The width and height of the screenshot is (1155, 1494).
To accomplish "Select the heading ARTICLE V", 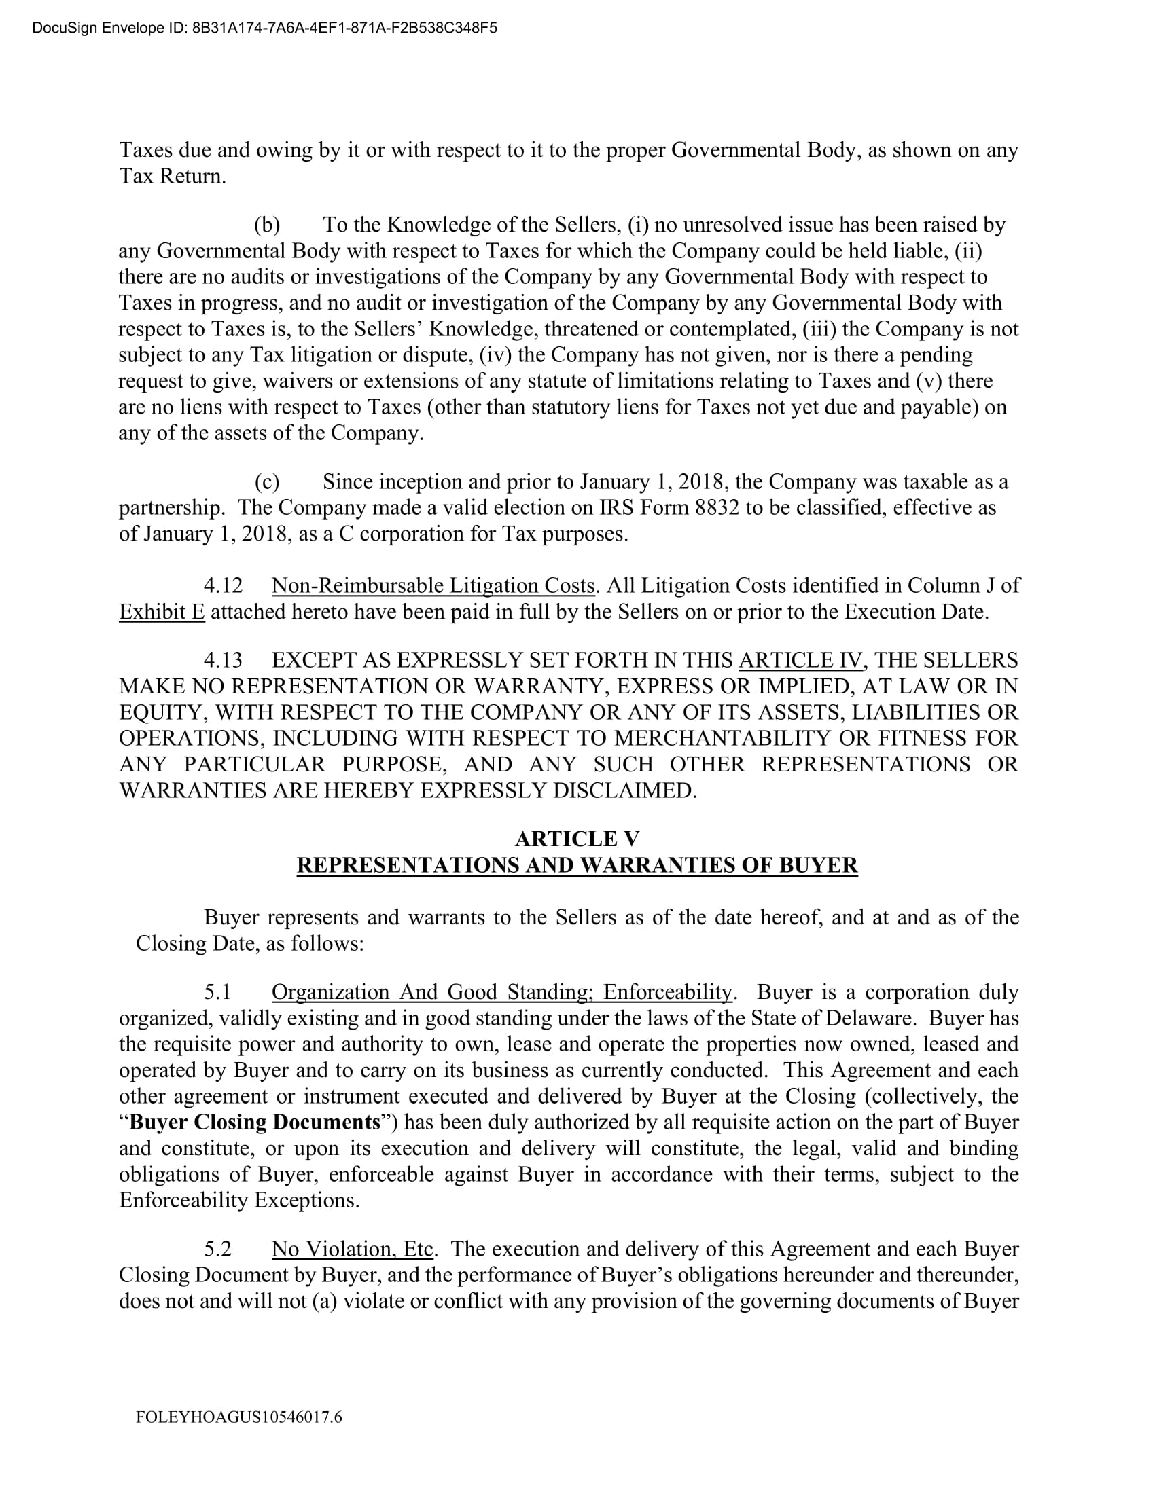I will [x=577, y=839].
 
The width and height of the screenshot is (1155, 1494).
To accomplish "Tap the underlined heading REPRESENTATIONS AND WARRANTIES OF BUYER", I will [x=577, y=865].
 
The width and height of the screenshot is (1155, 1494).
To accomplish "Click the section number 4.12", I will [x=223, y=585].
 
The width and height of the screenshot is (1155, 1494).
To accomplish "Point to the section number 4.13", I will [x=223, y=660].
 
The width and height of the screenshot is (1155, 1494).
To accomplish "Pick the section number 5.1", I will [x=217, y=992].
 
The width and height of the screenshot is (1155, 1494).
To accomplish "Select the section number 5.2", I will [x=217, y=1249].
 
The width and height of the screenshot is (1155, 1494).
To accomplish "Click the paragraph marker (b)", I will [x=267, y=225].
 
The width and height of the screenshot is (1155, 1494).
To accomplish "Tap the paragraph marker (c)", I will [x=267, y=482].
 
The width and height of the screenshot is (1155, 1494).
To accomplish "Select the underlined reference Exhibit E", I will [x=162, y=612].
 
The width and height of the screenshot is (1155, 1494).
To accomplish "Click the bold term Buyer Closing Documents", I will [x=255, y=1122].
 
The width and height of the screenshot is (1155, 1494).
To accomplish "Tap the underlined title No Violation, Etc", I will [x=353, y=1249].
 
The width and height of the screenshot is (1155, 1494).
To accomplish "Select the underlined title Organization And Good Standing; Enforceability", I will [x=502, y=992].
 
